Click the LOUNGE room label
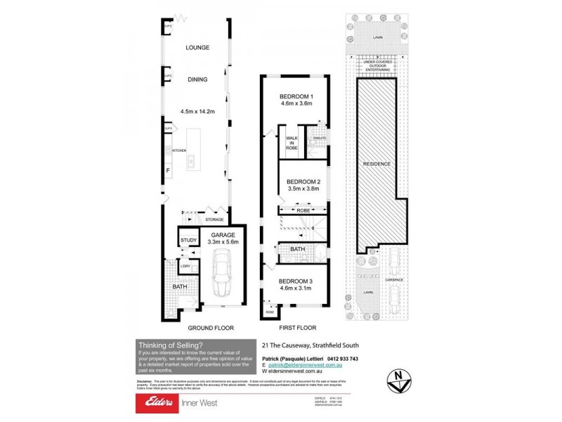198,48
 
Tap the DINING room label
197,79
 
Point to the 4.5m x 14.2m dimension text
197,111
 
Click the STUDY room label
188,241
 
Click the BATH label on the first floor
297,249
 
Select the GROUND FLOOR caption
211,328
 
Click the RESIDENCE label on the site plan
377,164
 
